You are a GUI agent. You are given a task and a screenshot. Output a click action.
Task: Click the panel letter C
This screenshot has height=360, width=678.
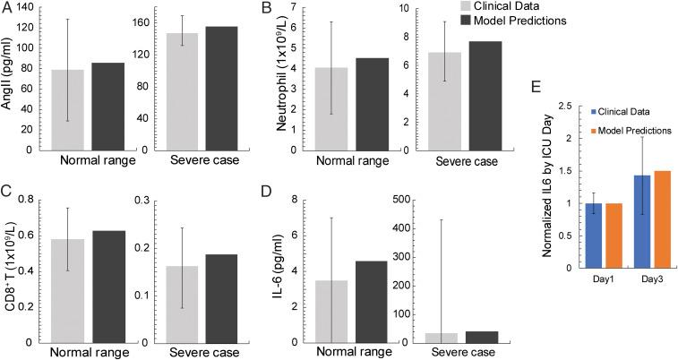click(x=6, y=191)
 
